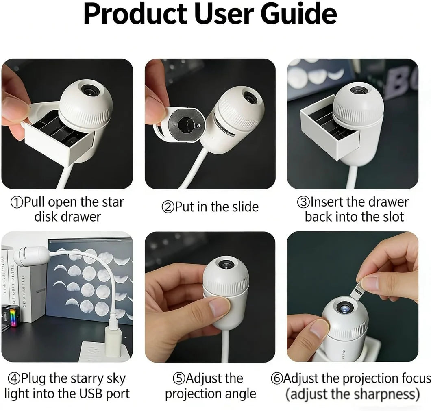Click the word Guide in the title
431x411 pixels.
[x=299, y=14]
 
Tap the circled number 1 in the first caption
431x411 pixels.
[x=16, y=202]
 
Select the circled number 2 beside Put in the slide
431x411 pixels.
[x=168, y=207]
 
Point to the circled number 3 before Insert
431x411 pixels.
[x=303, y=202]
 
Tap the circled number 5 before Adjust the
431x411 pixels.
[x=178, y=378]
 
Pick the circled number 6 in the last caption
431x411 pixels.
[x=276, y=378]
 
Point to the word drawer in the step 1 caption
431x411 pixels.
[x=81, y=217]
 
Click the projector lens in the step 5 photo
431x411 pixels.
[x=226, y=264]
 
